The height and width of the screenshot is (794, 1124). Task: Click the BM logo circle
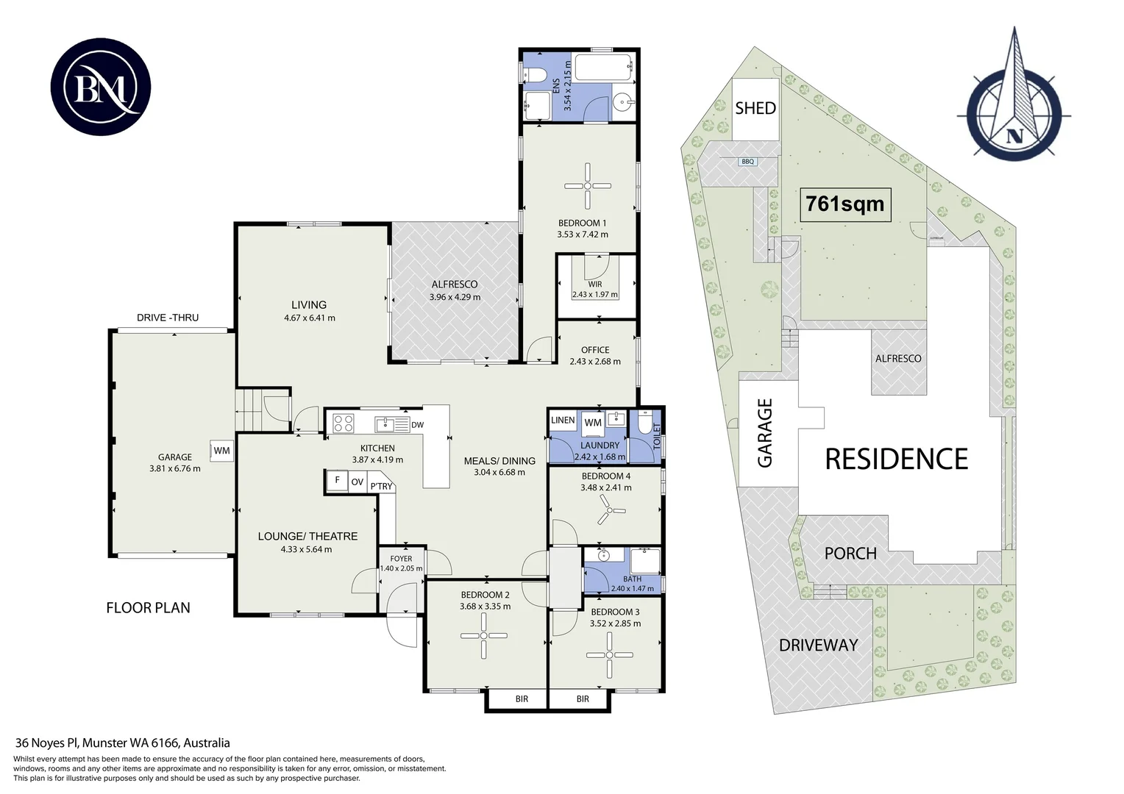pyautogui.click(x=101, y=87)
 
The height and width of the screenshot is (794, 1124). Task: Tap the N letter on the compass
pyautogui.click(x=1014, y=135)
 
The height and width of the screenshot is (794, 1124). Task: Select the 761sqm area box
pyautogui.click(x=845, y=204)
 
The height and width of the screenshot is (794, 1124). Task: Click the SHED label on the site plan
pyautogui.click(x=755, y=108)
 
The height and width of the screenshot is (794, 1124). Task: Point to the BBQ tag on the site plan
pyautogui.click(x=747, y=162)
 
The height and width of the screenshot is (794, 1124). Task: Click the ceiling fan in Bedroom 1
pyautogui.click(x=588, y=186)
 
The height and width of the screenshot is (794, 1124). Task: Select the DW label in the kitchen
pyautogui.click(x=418, y=425)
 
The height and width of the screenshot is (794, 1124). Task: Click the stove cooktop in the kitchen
pyautogui.click(x=344, y=422)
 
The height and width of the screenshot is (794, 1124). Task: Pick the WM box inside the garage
pyautogui.click(x=222, y=451)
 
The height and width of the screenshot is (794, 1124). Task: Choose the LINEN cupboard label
pyautogui.click(x=563, y=421)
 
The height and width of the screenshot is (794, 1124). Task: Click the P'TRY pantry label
pyautogui.click(x=381, y=485)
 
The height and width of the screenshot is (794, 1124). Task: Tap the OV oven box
pyautogui.click(x=358, y=482)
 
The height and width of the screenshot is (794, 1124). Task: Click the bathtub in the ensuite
pyautogui.click(x=604, y=68)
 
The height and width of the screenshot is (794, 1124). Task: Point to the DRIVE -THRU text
pyautogui.click(x=168, y=318)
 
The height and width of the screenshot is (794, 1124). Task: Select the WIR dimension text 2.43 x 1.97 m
pyautogui.click(x=595, y=294)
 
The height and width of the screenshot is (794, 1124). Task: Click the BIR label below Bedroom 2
pyautogui.click(x=522, y=698)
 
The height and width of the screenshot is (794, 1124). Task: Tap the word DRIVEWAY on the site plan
pyautogui.click(x=819, y=645)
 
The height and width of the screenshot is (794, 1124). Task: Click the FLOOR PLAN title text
pyautogui.click(x=148, y=608)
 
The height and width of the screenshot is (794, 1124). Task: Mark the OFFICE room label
pyautogui.click(x=595, y=350)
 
